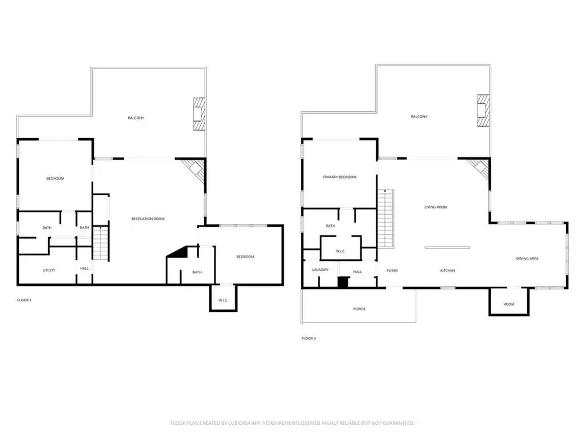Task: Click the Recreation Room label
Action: coord(148,219)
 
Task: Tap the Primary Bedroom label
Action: coord(340,177)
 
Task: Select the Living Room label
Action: coord(436,207)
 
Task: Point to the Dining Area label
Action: coord(527,259)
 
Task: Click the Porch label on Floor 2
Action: coord(359,309)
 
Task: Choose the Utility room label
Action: coord(49,271)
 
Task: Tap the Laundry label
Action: coord(320,270)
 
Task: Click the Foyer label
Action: coord(392,271)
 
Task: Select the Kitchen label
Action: coord(447,271)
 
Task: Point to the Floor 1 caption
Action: coord(24,300)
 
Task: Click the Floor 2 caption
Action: coord(309,339)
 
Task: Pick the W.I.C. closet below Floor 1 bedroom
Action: coord(223,298)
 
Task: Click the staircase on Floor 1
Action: coord(101,244)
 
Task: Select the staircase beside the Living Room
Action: coord(385,219)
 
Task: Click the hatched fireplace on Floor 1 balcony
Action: coord(199,114)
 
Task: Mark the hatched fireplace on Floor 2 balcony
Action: coord(483,111)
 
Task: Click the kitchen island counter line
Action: coord(447,248)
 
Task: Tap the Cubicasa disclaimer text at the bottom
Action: coord(292,423)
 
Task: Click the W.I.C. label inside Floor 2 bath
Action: coord(341,251)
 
